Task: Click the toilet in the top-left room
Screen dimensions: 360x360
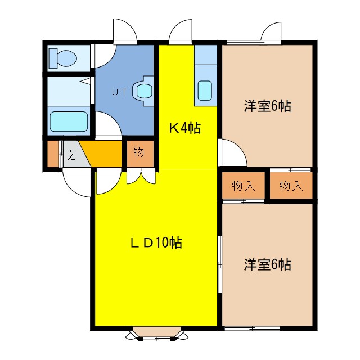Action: [x=64, y=57]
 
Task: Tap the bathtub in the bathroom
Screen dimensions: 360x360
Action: [x=69, y=121]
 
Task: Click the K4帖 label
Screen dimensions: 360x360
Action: [x=185, y=128]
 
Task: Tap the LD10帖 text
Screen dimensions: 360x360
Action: [x=156, y=243]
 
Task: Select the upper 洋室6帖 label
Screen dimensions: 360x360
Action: [x=267, y=105]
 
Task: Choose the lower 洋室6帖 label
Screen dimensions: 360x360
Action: [x=267, y=264]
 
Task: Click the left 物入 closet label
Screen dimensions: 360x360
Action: [x=243, y=186]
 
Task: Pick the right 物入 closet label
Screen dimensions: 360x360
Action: [x=291, y=186]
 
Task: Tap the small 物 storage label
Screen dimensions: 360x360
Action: [x=139, y=152]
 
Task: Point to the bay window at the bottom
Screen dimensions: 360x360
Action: [x=155, y=336]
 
